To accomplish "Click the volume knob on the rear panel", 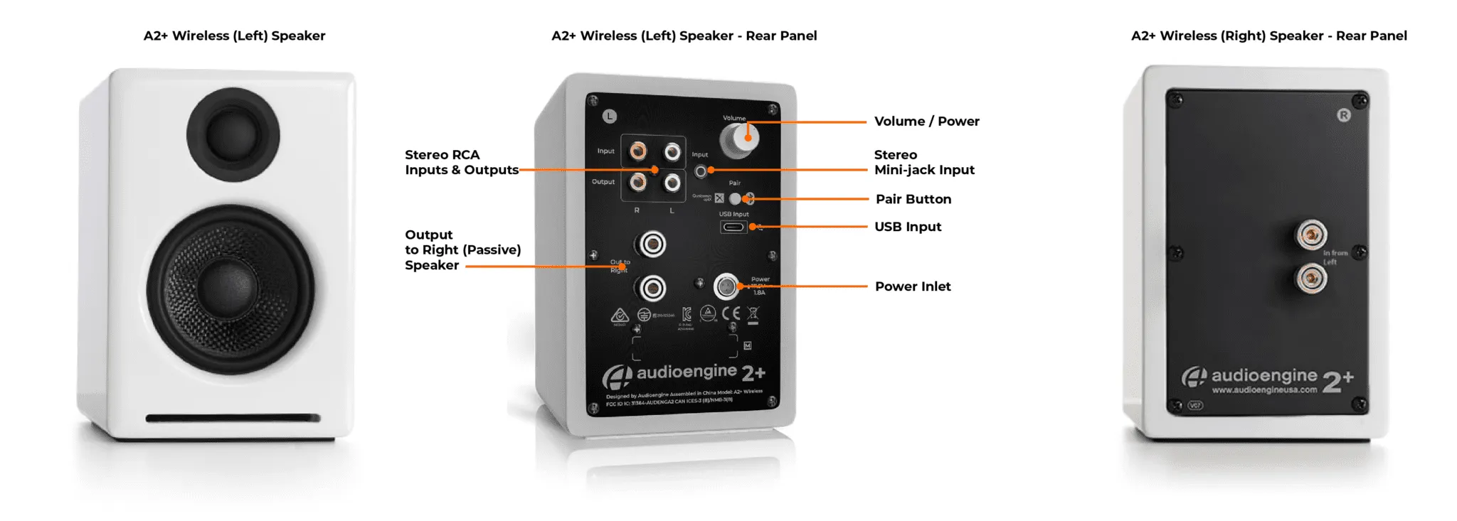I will [740, 139].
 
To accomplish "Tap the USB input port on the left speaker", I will [733, 227].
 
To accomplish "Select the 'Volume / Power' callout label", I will [926, 122].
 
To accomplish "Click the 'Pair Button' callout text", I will [913, 200].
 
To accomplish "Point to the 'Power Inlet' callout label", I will [912, 286].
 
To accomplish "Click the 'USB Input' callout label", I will [907, 227].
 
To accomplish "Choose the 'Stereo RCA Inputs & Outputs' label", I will [461, 163].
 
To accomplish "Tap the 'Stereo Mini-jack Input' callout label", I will [923, 163].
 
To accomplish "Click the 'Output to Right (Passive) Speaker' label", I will [462, 250].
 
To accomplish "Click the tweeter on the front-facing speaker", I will [233, 134].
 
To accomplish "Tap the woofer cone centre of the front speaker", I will [230, 289].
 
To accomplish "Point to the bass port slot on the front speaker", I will [233, 418].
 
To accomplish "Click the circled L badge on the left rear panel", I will [610, 116].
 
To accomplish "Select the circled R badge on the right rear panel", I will [1343, 115].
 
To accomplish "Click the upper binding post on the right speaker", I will [1310, 235].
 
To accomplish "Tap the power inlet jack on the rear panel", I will [726, 286].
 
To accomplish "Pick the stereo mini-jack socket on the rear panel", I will [701, 171].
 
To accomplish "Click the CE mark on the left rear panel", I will [731, 313].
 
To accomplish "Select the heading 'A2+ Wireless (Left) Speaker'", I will [234, 36].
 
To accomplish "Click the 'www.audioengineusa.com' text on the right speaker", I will [1263, 390].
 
